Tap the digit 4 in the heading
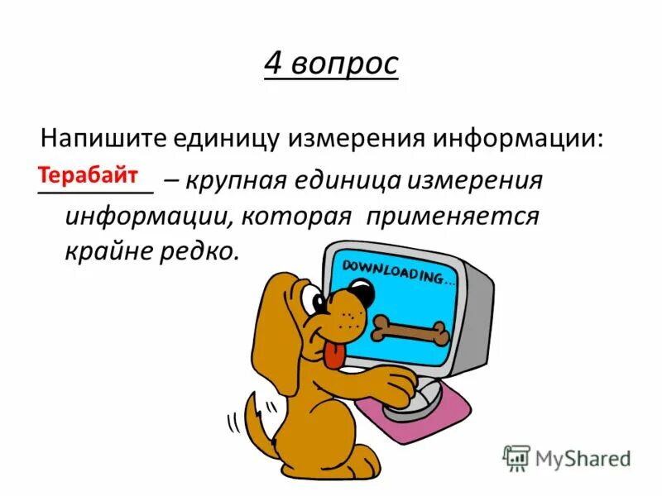point(274,64)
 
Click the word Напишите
point(105,137)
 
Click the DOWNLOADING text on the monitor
point(392,269)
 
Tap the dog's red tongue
point(332,355)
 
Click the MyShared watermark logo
point(568,457)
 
